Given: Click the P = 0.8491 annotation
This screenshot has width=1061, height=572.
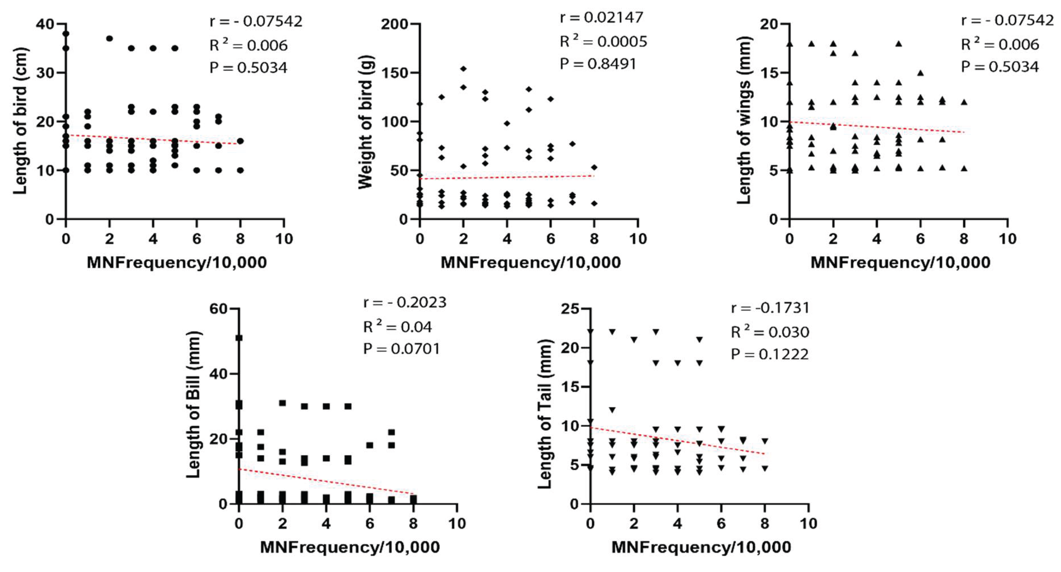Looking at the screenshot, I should click(598, 64).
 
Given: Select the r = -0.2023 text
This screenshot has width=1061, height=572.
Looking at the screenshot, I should click(405, 303).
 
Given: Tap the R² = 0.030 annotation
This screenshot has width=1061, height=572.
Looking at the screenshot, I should click(769, 332).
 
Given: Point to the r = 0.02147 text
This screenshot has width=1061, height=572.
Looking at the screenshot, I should click(601, 18).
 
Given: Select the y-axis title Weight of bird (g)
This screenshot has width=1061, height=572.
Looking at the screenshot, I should click(365, 122).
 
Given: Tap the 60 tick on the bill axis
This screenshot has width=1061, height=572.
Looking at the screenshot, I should click(218, 309).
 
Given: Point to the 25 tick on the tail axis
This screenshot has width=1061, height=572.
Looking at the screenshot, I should click(570, 309).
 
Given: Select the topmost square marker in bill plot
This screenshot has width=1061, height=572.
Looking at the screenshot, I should click(239, 338).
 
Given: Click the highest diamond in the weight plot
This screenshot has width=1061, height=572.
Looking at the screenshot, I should click(463, 68).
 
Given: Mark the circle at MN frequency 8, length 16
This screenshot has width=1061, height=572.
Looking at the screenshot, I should click(240, 141).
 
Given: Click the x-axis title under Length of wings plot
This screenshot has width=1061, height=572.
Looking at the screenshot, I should click(900, 262).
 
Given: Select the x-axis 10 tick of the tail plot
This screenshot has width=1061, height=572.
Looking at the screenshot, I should click(808, 524).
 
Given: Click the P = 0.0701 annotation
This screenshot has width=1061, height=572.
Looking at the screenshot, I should click(401, 349).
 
